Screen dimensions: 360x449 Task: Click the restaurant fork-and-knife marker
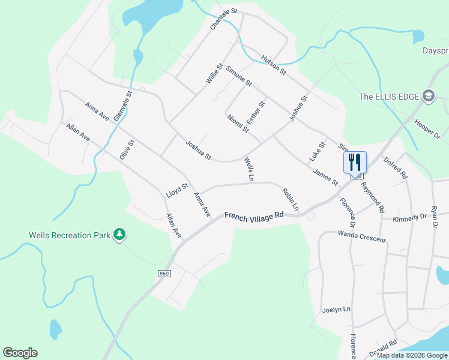point(355,162)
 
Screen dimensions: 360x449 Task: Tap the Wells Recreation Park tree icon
point(120,235)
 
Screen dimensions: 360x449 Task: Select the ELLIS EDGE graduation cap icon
point(429,96)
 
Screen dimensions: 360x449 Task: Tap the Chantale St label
point(224,20)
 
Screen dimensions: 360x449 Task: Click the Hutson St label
point(274,65)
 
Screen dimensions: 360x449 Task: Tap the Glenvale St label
point(122,104)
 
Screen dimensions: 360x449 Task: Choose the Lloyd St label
point(177,191)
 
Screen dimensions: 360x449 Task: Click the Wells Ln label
point(250,169)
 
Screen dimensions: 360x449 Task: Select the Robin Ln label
point(291,199)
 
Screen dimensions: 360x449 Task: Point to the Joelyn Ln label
point(336,310)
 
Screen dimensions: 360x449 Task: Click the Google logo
point(20,353)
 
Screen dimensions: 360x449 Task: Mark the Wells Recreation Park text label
point(69,235)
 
